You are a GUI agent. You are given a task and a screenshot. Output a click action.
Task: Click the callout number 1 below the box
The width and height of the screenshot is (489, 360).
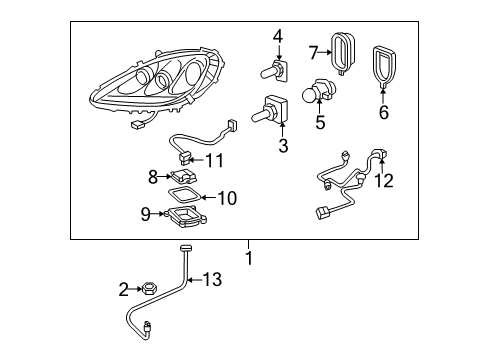249,258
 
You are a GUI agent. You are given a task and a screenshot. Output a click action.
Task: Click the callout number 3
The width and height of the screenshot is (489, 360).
283,146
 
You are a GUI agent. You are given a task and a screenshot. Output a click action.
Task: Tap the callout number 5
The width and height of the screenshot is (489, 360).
321,124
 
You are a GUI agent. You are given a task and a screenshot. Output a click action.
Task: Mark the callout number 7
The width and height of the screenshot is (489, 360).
313,51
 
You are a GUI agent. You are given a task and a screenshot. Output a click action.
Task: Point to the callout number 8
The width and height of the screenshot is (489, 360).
153,176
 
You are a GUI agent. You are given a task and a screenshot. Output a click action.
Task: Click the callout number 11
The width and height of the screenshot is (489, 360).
215,159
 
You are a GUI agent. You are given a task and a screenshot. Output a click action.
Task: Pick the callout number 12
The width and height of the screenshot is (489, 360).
384,181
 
